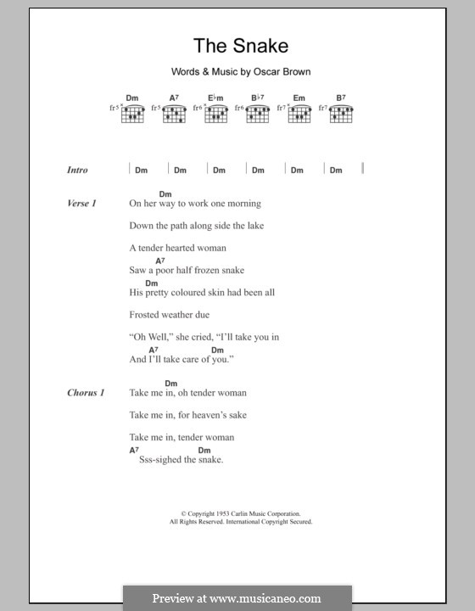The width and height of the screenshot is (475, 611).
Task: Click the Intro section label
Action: [77, 170]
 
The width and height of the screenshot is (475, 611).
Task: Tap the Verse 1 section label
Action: [82, 204]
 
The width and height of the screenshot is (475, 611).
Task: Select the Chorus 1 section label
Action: [87, 393]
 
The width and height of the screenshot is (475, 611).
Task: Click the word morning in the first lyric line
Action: [241, 204]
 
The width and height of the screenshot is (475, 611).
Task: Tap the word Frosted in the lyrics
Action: [146, 314]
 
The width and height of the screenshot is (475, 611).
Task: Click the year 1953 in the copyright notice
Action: [220, 514]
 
